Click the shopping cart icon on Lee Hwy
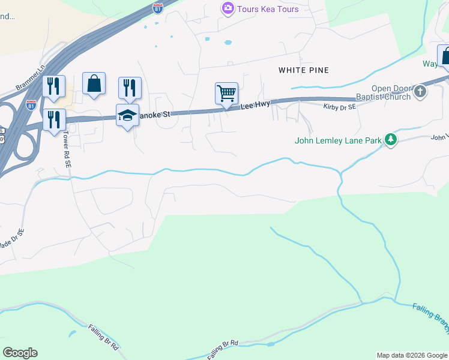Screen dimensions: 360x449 (226, 94)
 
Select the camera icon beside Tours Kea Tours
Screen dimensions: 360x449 (228, 9)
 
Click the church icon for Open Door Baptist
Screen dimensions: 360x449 (420, 92)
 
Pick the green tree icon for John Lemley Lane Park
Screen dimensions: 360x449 (391, 140)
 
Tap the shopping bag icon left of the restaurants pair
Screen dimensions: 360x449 (94, 83)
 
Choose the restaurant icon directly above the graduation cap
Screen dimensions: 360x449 (130, 88)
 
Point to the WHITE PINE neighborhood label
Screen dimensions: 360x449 (304, 70)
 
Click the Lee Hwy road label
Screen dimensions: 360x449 (252, 106)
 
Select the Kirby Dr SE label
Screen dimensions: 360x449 (340, 106)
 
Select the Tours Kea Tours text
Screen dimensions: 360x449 (268, 9)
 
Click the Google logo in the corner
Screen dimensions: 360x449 (20, 353)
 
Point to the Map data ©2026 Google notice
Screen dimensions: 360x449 (412, 355)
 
